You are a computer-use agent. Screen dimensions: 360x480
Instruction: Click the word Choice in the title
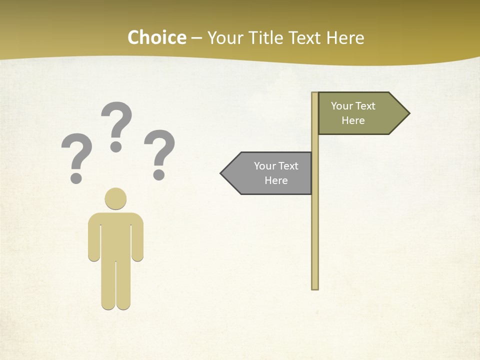click(x=157, y=38)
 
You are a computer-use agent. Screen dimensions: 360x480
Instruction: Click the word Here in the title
click(x=345, y=38)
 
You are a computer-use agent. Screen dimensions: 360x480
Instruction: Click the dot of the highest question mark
click(x=116, y=146)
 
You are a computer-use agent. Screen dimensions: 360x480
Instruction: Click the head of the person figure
click(x=115, y=198)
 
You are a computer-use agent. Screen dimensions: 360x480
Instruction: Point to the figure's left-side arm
click(x=94, y=240)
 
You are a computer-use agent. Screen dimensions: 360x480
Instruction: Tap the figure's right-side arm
click(x=137, y=240)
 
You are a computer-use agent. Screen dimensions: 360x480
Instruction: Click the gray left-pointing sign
click(x=272, y=173)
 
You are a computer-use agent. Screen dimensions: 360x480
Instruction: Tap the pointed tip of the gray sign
click(x=222, y=173)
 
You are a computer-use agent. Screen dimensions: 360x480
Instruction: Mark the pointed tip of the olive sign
click(x=408, y=113)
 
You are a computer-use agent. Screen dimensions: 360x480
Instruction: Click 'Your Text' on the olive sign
click(x=353, y=106)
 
